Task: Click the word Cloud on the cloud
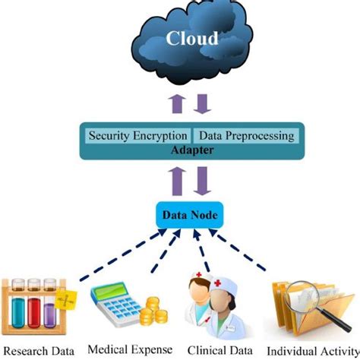pos(192,39)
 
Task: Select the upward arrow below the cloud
pos(177,104)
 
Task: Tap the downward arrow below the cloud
pos(202,104)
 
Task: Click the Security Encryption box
pos(137,136)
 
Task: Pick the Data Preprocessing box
pos(246,136)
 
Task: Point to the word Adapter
pos(192,150)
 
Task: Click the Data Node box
pos(190,215)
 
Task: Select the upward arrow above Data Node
pos(177,182)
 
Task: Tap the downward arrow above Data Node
pos(202,182)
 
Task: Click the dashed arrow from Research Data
pos(123,254)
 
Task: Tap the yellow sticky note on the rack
pos(66,300)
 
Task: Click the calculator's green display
pos(110,292)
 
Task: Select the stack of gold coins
pos(153,311)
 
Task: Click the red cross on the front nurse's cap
pos(218,283)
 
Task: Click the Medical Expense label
pos(130,350)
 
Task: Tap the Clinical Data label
pos(220,351)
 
